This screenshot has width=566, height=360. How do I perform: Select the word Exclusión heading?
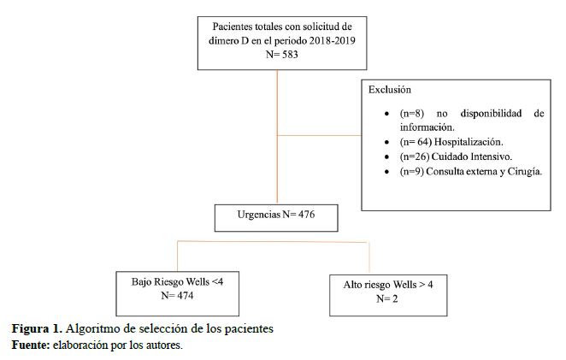[390, 89]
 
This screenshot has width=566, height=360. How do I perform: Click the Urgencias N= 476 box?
[276, 216]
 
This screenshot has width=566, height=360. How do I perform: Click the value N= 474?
[177, 296]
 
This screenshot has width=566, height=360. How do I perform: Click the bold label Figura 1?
[36, 329]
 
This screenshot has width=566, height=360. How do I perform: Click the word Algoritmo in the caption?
[96, 329]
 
